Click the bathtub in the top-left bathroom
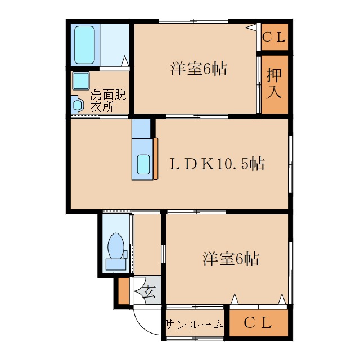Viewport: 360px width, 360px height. (x=86, y=45)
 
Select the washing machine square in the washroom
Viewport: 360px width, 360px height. (x=80, y=81)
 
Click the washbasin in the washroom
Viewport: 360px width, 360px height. (x=77, y=104)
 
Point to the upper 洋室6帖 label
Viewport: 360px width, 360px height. (x=199, y=69)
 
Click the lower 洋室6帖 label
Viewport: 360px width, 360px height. (x=231, y=259)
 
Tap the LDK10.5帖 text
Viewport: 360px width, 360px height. (x=217, y=164)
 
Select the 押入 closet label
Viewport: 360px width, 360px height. (x=274, y=83)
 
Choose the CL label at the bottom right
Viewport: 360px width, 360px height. (x=258, y=323)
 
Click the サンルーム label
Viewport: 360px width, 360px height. (x=195, y=325)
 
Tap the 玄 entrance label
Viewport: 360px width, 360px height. (x=148, y=291)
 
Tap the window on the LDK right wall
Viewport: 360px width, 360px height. (x=291, y=164)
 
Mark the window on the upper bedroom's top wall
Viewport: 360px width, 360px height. (x=193, y=21)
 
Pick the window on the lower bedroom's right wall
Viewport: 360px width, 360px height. (x=291, y=259)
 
